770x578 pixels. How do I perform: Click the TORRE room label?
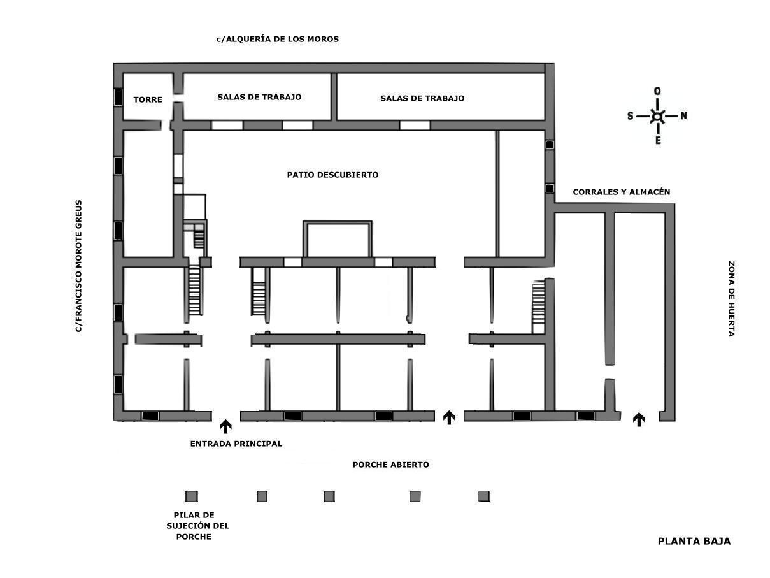(148, 99)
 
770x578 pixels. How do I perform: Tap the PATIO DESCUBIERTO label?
(332, 175)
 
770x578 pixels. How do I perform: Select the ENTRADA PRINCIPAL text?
(236, 444)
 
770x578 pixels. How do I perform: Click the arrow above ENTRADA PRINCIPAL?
(225, 426)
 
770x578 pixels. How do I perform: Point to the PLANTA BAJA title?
(694, 541)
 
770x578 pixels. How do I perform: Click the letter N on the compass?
(683, 115)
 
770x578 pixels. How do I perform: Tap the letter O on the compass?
(657, 91)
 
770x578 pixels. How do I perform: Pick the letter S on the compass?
(631, 116)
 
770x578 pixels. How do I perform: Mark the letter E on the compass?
(658, 140)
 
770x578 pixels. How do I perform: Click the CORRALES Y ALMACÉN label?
(621, 192)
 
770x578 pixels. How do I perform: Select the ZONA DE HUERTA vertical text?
(731, 299)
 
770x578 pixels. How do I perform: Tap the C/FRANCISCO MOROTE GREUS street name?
(78, 266)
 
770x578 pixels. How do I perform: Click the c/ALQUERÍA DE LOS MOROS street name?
(277, 39)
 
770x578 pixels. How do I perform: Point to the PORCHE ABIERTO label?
(390, 465)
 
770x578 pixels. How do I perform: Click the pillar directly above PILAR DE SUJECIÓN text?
(192, 496)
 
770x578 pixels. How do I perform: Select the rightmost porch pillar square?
(484, 496)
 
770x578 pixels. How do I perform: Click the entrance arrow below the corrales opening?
(639, 419)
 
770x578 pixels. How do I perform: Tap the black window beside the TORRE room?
(118, 98)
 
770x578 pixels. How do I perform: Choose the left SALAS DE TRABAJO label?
(259, 98)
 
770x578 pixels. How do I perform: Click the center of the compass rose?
(657, 116)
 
